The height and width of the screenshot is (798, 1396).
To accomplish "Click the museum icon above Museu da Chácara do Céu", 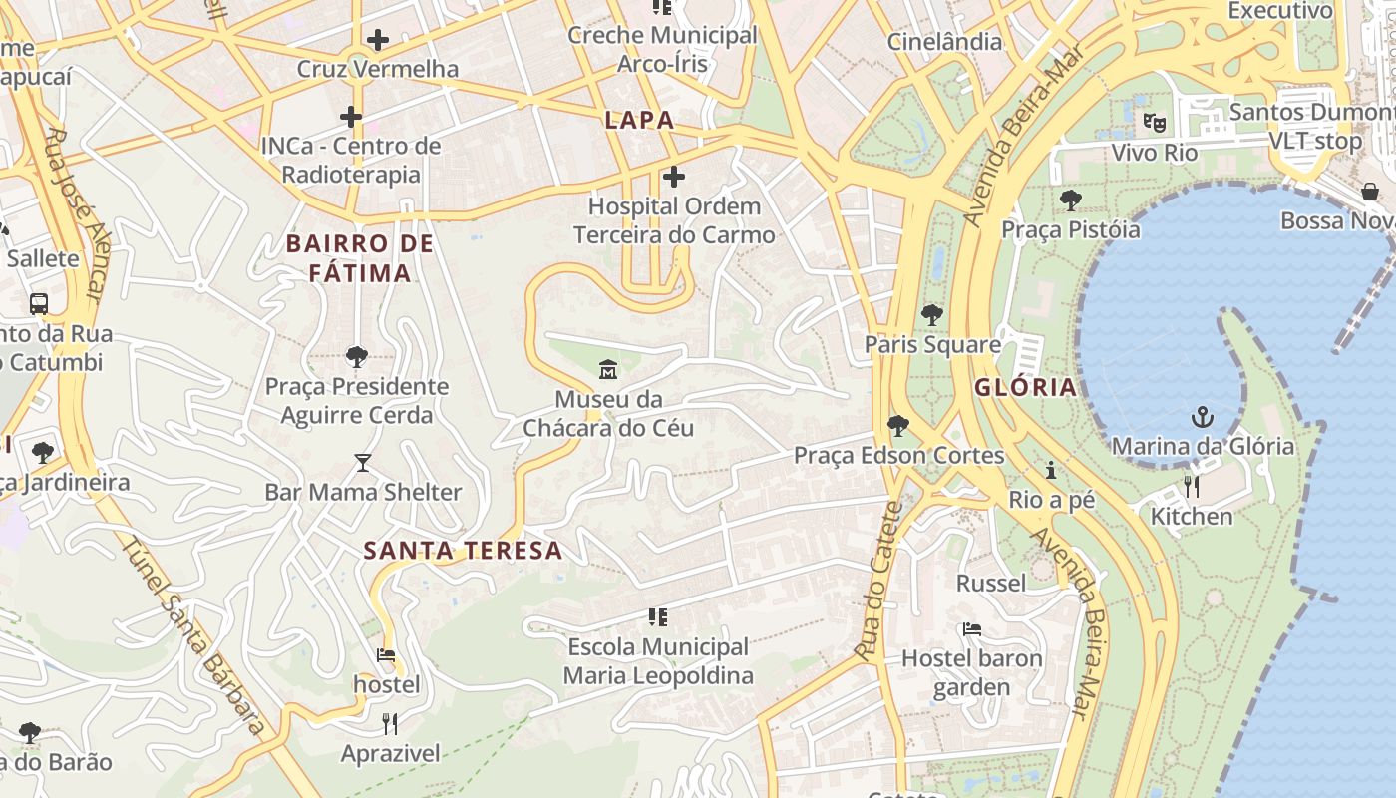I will tap(608, 370).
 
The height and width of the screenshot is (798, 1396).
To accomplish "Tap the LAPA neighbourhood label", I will tap(639, 121).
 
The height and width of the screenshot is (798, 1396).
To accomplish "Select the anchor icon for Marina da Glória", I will tap(1203, 416).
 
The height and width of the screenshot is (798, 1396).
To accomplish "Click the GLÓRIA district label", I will tap(1025, 387).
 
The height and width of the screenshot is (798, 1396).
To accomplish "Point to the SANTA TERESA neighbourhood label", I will tap(463, 550).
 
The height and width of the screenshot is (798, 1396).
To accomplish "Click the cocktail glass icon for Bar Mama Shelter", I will tap(363, 463).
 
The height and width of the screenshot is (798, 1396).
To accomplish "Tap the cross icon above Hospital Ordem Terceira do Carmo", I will tap(674, 178).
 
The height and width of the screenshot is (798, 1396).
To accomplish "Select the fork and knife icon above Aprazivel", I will tap(390, 724).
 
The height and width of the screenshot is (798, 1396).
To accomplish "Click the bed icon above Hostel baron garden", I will tap(972, 629).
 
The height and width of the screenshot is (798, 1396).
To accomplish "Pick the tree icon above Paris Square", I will tap(932, 315).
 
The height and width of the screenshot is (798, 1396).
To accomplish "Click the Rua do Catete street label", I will tap(878, 581).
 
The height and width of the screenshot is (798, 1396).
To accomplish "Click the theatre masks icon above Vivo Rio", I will tap(1155, 123).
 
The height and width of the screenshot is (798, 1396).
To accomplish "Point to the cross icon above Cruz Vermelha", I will tap(378, 40).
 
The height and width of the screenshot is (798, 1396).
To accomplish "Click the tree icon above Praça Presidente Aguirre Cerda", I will tap(356, 357).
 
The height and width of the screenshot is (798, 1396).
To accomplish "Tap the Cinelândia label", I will tap(944, 41).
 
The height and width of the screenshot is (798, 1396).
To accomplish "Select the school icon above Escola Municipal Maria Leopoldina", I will tap(657, 617).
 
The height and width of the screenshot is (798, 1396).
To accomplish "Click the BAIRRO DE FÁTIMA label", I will tap(360, 258).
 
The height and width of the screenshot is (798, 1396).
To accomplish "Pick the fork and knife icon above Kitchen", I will tap(1192, 487).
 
